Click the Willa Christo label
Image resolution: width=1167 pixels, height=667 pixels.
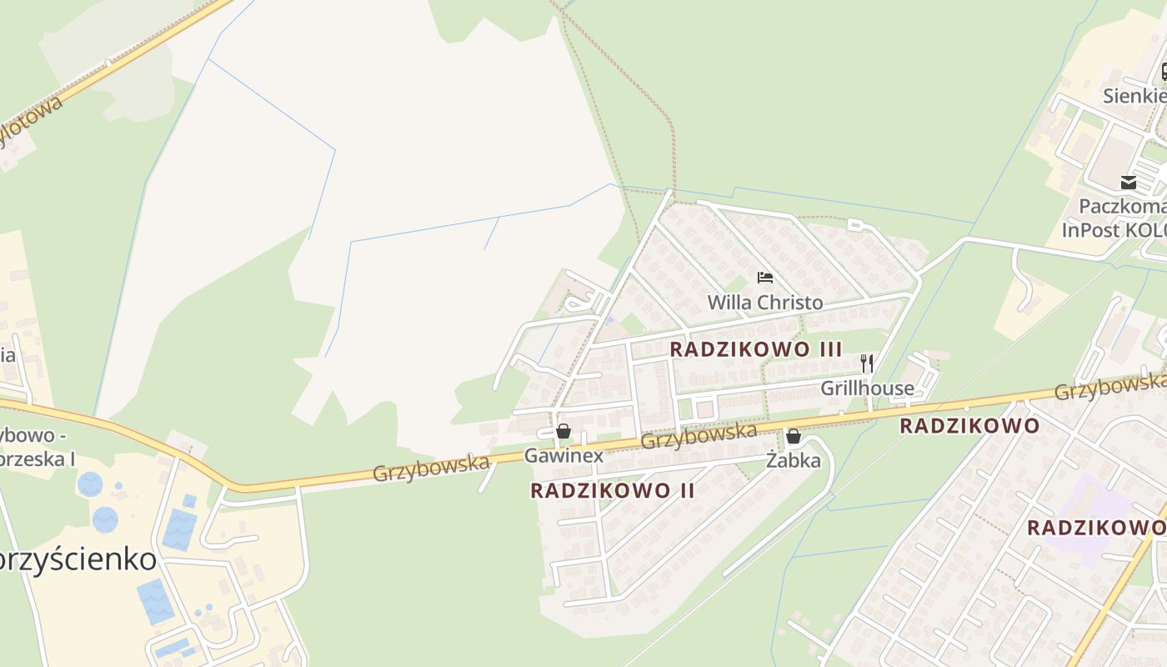(764, 302)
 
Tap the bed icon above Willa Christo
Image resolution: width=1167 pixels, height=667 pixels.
(764, 278)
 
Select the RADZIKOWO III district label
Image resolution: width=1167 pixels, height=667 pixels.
(756, 349)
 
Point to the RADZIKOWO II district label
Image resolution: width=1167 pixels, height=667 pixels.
(612, 490)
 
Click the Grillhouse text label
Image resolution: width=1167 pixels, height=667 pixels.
(867, 388)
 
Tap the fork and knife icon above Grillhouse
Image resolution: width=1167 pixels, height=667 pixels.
(867, 363)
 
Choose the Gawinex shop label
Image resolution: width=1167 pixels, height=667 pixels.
(563, 455)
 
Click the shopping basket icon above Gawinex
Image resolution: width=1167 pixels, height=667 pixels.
(563, 431)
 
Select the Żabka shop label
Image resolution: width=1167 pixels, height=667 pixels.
(794, 460)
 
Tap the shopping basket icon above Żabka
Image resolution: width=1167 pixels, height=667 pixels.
(794, 436)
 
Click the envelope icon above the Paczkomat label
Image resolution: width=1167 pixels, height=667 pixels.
(1129, 183)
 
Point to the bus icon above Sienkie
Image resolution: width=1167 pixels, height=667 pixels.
(1164, 73)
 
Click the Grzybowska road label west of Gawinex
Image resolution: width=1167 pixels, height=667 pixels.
(430, 467)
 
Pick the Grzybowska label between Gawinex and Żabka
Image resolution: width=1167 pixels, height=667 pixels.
(699, 435)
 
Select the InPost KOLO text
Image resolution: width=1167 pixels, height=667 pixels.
(1114, 229)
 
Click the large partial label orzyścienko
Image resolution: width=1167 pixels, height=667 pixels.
(78, 559)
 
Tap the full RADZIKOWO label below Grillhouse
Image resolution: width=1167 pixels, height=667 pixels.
(969, 426)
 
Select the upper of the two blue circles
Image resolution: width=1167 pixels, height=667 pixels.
(90, 484)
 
